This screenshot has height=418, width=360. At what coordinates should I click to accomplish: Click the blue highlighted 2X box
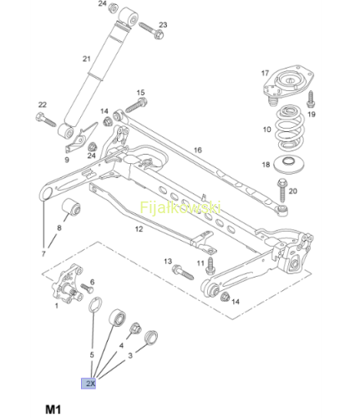coord(89,384)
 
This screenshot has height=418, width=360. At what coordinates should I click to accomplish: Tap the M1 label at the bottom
coord(53,410)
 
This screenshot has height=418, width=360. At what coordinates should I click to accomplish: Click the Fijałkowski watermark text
coord(180,207)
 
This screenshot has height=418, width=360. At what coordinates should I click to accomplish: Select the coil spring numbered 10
coord(290,128)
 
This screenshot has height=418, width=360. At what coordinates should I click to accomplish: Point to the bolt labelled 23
coord(151,31)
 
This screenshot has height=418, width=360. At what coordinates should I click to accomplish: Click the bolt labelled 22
coord(46,120)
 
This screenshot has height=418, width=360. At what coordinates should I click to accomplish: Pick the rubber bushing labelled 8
coord(71,207)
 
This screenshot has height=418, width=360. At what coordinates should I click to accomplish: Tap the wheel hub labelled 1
coord(68,284)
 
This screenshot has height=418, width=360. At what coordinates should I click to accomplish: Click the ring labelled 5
coord(95,305)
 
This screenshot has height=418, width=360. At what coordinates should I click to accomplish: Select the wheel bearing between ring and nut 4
coord(117,318)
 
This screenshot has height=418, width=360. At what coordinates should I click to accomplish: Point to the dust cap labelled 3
coord(151,337)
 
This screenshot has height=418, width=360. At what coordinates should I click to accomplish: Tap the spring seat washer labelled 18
coord(289,165)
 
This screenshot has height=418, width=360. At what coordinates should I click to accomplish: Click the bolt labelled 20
coord(281,191)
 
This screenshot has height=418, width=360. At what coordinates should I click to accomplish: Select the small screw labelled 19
coord(312,99)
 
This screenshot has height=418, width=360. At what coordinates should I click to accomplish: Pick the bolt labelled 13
coord(183,272)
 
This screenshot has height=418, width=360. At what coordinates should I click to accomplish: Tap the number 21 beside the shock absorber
coord(87,59)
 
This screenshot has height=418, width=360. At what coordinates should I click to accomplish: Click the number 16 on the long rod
coord(198,150)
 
